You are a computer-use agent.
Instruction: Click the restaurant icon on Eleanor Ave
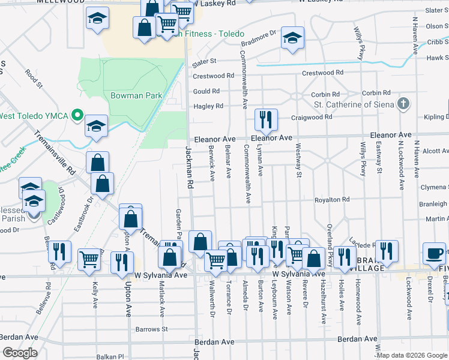(265, 119)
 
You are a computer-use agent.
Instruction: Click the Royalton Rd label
(332, 199)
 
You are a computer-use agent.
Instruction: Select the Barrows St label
(151, 329)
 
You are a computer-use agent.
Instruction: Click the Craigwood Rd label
(312, 118)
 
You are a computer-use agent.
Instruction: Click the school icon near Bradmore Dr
(292, 38)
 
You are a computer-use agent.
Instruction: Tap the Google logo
(20, 353)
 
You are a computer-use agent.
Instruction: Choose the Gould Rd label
(206, 91)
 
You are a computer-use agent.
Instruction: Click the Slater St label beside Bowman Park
(204, 61)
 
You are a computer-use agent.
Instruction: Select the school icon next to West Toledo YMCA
(96, 127)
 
